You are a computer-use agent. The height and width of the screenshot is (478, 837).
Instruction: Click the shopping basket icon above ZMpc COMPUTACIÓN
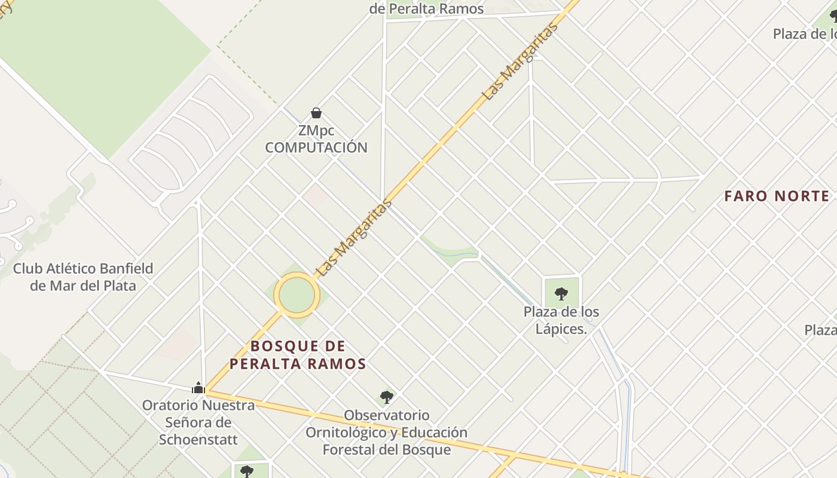click(x=316, y=113)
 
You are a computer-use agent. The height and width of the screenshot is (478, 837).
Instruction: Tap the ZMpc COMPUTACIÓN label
click(x=316, y=139)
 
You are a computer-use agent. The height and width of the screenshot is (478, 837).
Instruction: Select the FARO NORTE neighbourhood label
click(x=777, y=196)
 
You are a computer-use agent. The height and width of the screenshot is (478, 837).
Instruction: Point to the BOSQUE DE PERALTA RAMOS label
click(x=298, y=355)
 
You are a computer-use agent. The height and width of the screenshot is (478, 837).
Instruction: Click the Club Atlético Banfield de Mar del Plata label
click(x=83, y=277)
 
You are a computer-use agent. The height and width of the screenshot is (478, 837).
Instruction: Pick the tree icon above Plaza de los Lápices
click(x=561, y=293)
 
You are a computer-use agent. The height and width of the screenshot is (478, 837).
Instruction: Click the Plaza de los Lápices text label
click(x=561, y=320)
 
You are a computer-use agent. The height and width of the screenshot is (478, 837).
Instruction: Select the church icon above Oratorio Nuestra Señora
click(x=198, y=388)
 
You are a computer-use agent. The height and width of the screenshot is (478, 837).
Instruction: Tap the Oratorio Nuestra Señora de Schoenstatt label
click(x=198, y=422)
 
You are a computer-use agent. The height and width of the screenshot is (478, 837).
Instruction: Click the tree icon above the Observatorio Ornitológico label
click(x=387, y=397)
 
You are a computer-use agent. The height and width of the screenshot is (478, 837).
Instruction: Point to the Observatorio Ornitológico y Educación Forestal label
click(x=387, y=432)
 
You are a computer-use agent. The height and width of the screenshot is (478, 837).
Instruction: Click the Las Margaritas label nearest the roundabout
click(x=354, y=237)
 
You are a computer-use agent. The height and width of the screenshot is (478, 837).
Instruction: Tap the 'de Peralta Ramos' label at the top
click(x=427, y=9)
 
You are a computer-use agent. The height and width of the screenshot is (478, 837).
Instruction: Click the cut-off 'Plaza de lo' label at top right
click(x=804, y=34)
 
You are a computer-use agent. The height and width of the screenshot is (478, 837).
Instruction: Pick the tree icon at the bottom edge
click(x=246, y=471)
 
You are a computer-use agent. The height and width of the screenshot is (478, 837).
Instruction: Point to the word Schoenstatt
click(x=198, y=440)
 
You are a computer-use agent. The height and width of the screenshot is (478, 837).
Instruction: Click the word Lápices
click(x=561, y=329)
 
